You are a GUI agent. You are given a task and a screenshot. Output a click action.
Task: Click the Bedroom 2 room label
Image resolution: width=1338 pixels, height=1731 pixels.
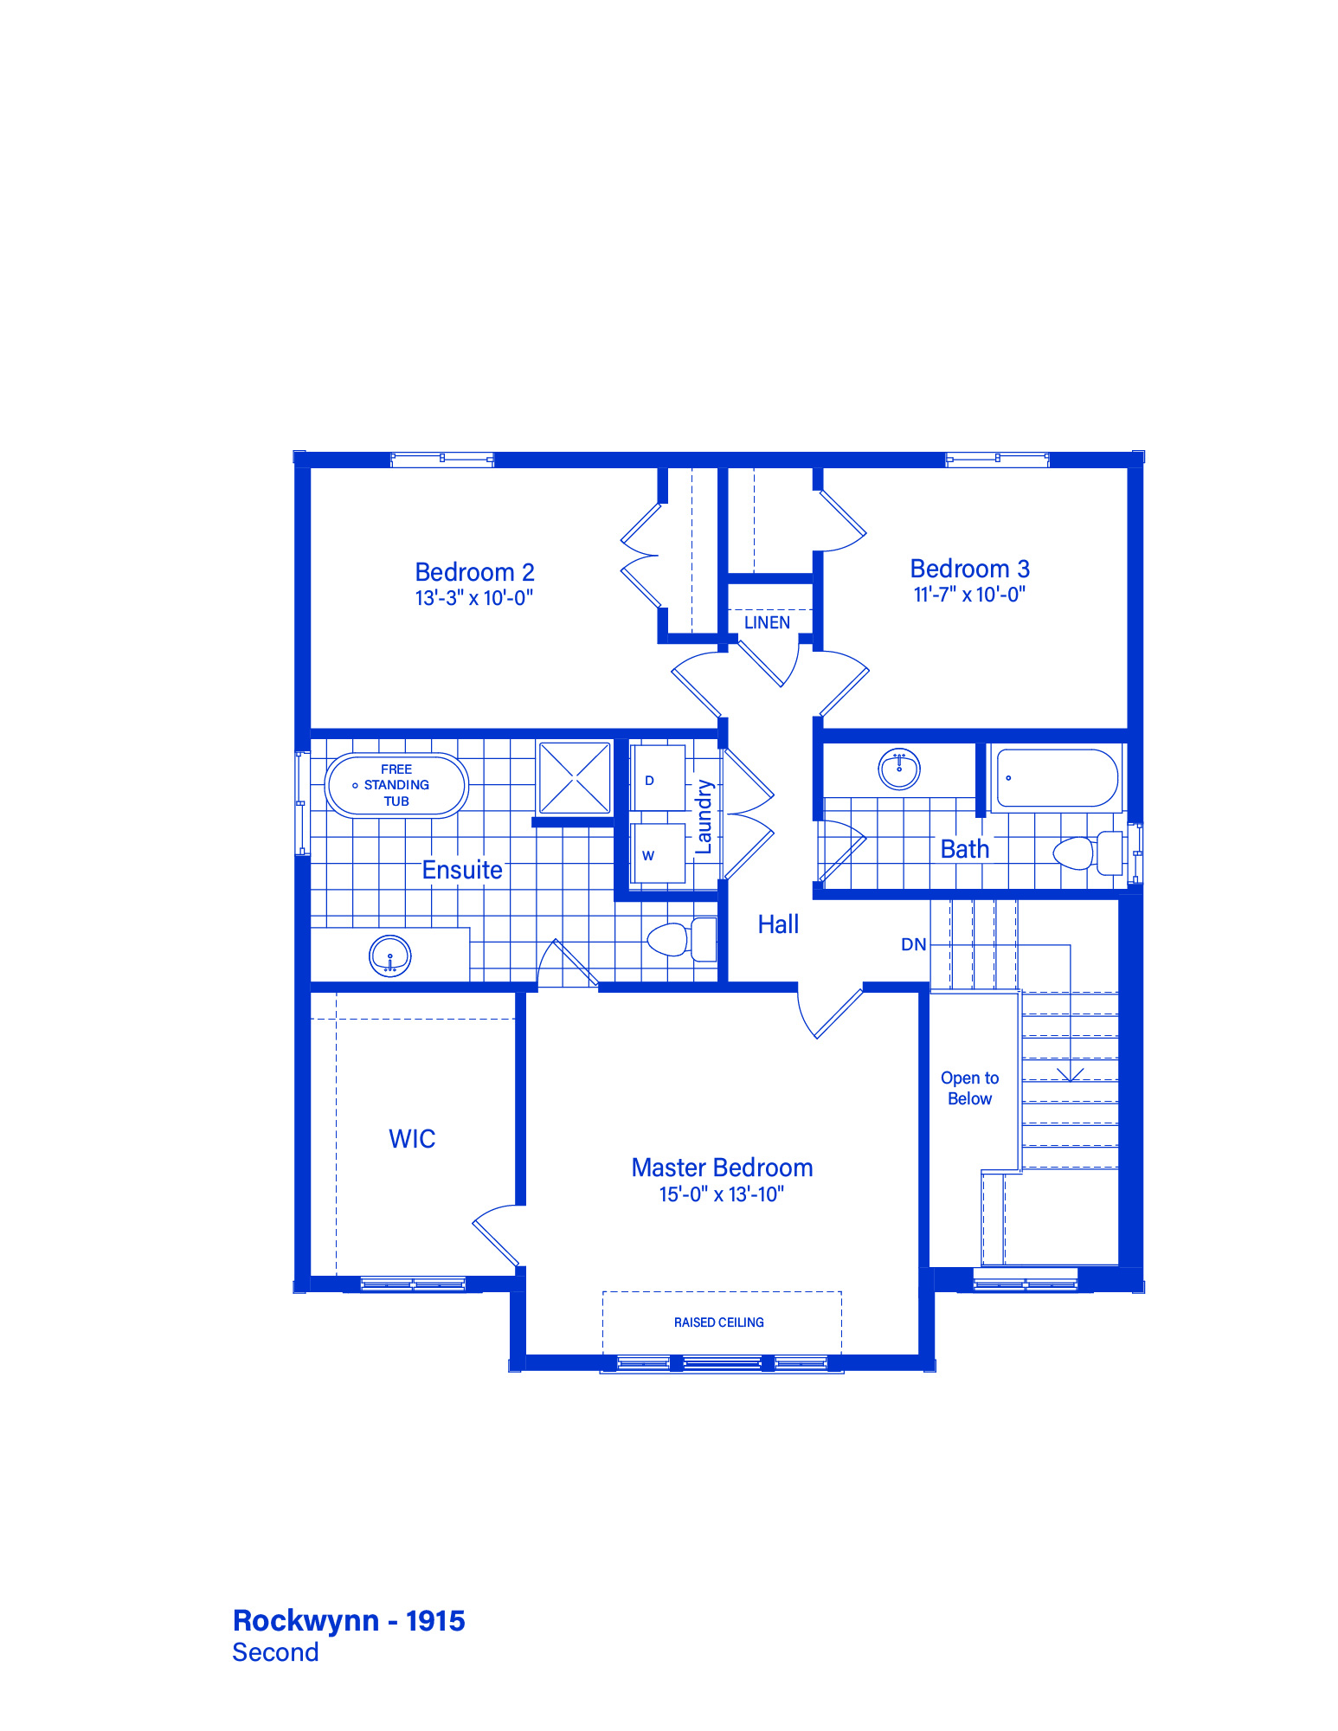click(474, 572)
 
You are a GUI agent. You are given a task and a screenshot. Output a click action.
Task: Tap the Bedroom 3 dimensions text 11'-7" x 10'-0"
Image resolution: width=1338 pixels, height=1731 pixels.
click(969, 595)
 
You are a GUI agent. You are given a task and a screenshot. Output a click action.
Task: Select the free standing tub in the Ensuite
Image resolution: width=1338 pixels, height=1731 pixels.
click(397, 785)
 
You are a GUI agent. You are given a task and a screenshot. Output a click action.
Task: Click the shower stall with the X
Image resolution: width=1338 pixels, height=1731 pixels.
click(575, 777)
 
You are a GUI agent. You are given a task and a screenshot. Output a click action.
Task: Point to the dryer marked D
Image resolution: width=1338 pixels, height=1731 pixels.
click(658, 778)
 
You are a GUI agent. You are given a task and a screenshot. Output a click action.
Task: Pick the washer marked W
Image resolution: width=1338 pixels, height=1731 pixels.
click(658, 853)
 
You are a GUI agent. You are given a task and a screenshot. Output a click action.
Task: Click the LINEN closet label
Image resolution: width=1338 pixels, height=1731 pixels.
click(767, 622)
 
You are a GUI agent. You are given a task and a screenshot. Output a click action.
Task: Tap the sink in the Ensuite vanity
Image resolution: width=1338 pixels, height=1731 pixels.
click(390, 956)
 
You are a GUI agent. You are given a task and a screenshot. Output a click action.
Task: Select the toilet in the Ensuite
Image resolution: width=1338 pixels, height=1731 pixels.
click(682, 939)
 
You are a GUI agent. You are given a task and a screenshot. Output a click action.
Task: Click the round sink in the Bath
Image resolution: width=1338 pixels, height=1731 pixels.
click(899, 768)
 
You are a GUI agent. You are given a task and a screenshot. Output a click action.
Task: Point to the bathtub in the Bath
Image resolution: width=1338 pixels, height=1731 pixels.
click(1057, 778)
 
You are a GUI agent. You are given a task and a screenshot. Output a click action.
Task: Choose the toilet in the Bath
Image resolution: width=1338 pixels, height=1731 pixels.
click(1088, 853)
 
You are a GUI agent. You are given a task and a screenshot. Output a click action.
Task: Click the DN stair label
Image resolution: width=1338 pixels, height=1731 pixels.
click(914, 944)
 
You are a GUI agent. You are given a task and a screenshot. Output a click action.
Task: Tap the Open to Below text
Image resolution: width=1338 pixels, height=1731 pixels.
click(970, 1088)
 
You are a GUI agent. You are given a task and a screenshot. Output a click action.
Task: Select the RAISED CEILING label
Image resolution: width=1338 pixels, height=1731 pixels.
click(719, 1322)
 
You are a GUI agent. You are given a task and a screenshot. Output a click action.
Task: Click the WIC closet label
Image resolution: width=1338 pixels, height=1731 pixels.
click(412, 1139)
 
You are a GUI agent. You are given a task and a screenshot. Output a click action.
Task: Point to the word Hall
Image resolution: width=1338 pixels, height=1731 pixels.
click(778, 924)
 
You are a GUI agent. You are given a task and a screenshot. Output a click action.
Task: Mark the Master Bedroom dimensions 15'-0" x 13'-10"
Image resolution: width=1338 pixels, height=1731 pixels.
click(722, 1194)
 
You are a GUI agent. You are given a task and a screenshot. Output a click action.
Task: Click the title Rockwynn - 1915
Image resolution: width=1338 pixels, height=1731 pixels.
click(350, 1620)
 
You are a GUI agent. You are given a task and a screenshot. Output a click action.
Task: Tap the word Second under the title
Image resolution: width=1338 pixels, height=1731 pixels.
click(276, 1652)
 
